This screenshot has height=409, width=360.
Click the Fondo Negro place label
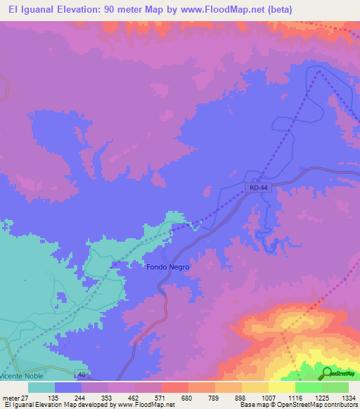pos(168,267)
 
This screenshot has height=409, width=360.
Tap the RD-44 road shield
pos(259,188)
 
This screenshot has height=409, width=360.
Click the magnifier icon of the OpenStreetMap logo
pos(327,373)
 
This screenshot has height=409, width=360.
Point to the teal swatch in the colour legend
pos(41,387)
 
